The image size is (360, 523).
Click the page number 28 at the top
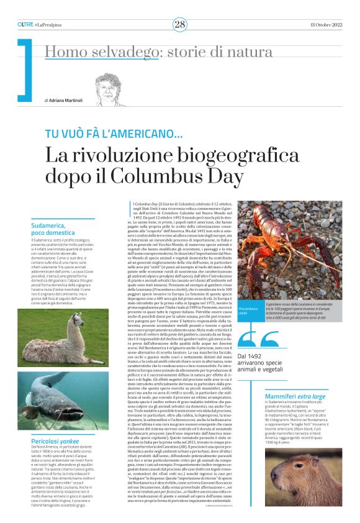click(x=179, y=24)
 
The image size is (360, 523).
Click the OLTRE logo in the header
click(x=25, y=24)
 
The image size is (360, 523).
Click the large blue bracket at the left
click(x=25, y=70)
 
